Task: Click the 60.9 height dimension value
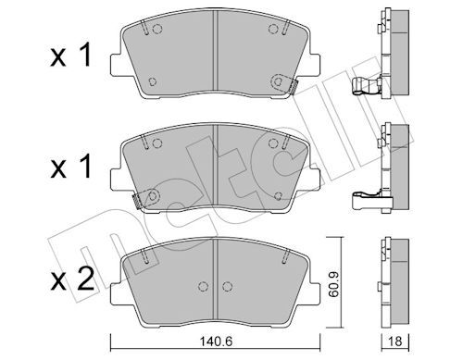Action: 333,284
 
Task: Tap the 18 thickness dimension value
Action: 395,341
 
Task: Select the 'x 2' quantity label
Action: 72,279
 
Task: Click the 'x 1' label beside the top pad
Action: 71,56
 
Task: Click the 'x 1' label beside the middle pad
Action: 71,167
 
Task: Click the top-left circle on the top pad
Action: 157,29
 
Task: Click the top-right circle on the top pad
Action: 273,29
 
